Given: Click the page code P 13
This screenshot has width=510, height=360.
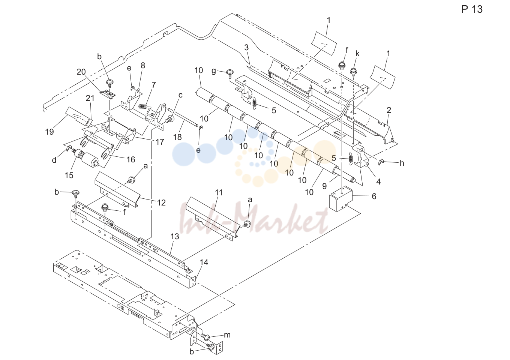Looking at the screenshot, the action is tap(472, 9).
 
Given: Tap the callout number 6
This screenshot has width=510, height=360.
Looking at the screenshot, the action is tap(374, 196).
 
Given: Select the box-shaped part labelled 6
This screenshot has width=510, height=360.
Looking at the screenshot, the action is tap(341, 199).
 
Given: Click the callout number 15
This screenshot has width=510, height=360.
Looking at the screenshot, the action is tap(69, 175).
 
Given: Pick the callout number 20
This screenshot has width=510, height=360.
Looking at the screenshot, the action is tap(81, 72).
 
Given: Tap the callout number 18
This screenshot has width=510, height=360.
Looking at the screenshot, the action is tap(178, 137).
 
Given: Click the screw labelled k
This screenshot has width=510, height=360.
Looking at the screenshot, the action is tap(353, 72).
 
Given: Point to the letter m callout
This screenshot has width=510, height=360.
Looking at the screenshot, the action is tap(227, 335).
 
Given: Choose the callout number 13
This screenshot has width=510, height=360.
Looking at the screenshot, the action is tap(175, 237).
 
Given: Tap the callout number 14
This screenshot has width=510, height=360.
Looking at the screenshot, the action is tap(204, 262).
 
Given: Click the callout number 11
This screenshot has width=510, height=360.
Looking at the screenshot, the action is tap(219, 193).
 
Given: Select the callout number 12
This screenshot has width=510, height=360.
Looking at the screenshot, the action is tap(161, 202).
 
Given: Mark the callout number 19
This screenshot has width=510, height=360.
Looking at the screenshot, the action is tap(49, 132).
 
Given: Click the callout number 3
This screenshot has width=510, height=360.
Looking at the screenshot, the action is tap(246, 47).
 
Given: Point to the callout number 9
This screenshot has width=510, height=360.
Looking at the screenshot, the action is tap(324, 186).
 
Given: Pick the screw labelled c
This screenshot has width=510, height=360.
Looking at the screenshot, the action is tap(170, 119).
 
